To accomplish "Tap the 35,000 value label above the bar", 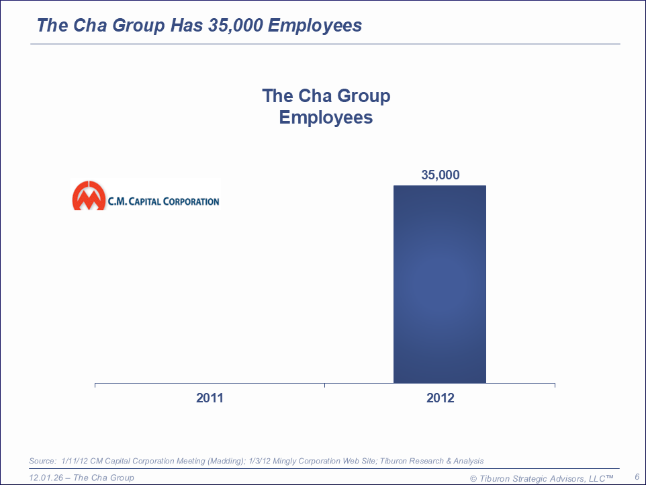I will pos(440,175).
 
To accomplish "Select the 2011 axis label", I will pos(210,398).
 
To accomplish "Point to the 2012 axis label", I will pos(440,398).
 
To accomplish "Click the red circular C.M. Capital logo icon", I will pos(89,195).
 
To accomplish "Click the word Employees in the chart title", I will pos(326,118).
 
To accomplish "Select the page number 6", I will pos(637,476).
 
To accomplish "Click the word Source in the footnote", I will pos(42,461).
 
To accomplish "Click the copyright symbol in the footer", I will pos(473,478).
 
